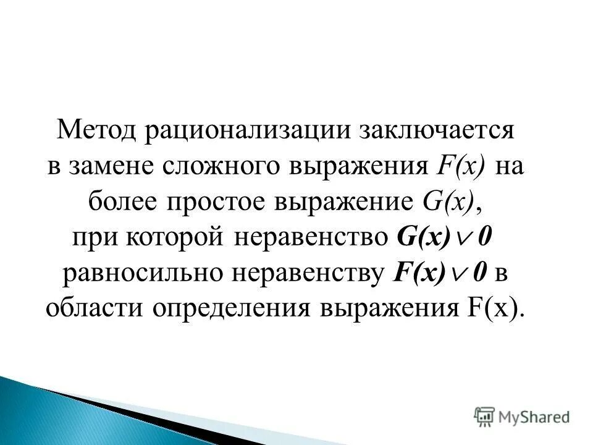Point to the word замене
click(114, 167)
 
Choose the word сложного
click(219, 167)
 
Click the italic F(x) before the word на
click(461, 167)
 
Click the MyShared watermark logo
click(521, 416)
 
